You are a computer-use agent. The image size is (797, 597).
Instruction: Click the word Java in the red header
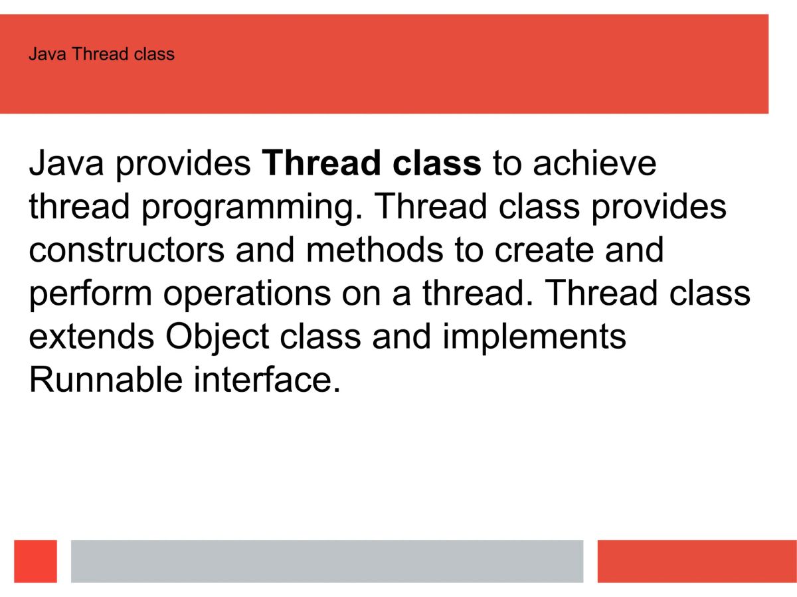[x=48, y=54]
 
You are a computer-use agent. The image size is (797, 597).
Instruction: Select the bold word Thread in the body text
[x=321, y=163]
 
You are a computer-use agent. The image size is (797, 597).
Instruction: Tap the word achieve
[x=594, y=163]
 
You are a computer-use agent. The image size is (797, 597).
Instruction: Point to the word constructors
[x=127, y=250]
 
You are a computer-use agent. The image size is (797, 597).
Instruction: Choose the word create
[x=544, y=250]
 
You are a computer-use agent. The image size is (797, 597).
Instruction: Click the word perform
[x=90, y=294]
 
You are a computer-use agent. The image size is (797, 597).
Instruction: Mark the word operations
[x=247, y=294]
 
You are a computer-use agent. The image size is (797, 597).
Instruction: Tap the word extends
[x=92, y=337]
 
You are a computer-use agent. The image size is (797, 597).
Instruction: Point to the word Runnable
[x=106, y=380]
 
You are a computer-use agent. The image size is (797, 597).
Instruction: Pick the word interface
[x=267, y=380]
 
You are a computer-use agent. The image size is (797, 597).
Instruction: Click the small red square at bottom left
[x=36, y=561]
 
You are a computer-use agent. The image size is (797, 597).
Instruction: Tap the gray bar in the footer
[x=327, y=561]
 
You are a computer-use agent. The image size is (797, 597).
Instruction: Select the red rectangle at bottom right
[x=697, y=561]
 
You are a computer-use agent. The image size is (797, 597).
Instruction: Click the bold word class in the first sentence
[x=437, y=163]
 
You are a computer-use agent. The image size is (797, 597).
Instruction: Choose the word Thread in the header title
[x=95, y=54]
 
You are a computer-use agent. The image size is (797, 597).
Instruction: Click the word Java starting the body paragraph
[x=66, y=163]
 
